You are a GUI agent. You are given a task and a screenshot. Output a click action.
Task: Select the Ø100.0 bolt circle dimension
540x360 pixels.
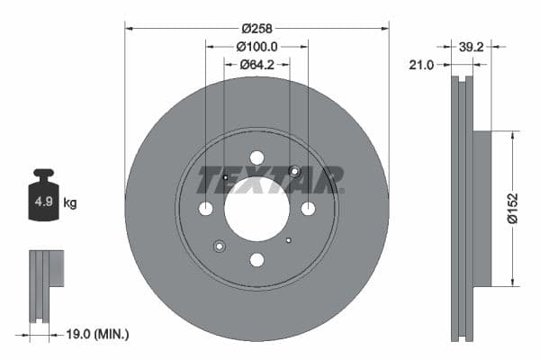point(256,45)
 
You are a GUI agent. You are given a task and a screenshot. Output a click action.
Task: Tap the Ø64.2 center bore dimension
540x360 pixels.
point(256,64)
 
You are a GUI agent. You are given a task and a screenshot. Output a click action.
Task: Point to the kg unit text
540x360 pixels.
point(70,203)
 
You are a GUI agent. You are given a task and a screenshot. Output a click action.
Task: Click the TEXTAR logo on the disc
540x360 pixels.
point(270,180)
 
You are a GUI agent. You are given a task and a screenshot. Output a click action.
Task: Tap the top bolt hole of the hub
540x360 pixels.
point(256,157)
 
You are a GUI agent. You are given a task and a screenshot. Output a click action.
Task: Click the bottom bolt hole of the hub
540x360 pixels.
point(256,260)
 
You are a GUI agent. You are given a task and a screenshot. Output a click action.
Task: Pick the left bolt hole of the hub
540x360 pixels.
point(205,209)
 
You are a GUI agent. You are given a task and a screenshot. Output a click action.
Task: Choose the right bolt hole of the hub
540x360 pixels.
point(308,209)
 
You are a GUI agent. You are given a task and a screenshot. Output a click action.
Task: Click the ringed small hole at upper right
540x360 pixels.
point(293,172)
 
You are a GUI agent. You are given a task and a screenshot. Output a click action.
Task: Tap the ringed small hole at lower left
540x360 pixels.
point(220,246)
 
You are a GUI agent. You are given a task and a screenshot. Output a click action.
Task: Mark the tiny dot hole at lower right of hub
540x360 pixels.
point(288,240)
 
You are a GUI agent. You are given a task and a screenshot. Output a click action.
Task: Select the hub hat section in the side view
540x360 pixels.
point(481,209)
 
